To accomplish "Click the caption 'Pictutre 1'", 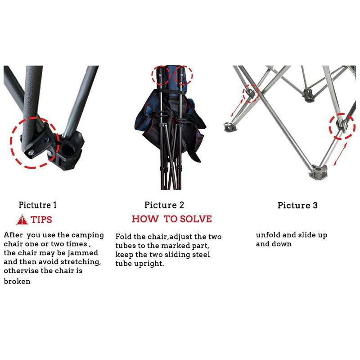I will [x=38, y=205].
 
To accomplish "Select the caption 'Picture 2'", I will [x=164, y=205].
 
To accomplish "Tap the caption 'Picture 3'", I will [x=297, y=206].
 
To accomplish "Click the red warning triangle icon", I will [x=22, y=220].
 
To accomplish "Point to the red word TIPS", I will [x=41, y=220].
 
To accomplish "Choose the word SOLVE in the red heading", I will [x=195, y=219].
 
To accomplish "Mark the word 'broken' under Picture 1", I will [x=17, y=281].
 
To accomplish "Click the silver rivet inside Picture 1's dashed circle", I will [x=31, y=153].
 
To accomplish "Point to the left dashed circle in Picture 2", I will [x=159, y=74].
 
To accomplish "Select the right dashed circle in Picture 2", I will [x=182, y=74].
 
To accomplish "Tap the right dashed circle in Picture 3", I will [x=342, y=125].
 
